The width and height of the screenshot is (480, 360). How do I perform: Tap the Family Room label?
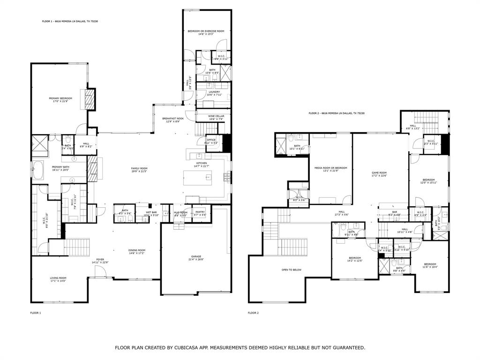[139, 169]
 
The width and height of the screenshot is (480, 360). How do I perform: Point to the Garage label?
[196, 257]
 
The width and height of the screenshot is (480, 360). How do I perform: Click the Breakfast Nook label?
[173, 119]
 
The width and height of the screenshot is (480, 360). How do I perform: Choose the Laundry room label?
[208, 92]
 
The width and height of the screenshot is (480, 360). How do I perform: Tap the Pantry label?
[200, 212]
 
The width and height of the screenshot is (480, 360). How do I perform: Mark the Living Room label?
[58, 278]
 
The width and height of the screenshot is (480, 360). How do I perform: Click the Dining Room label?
[137, 250]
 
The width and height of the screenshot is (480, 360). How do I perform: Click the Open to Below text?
[291, 270]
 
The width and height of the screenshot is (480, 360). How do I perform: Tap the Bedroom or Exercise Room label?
[206, 31]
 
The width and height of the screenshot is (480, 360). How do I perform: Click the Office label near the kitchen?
[210, 140]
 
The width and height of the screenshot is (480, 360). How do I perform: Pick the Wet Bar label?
[151, 212]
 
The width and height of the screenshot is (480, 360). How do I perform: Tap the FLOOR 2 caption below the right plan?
[253, 313]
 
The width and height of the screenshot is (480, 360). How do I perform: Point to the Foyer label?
[100, 260]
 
